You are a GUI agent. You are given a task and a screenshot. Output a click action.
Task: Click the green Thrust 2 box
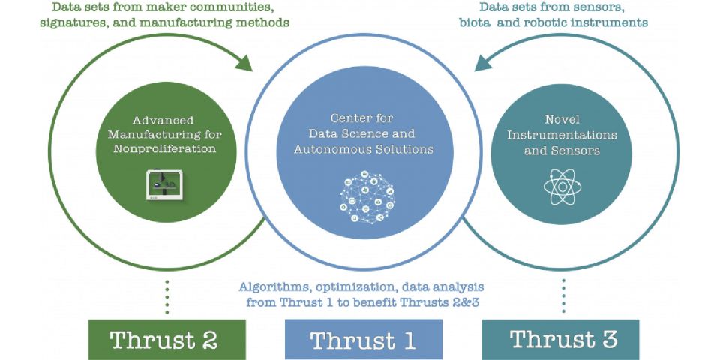pyautogui.click(x=167, y=340)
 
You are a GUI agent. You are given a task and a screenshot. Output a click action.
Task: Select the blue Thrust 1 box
pyautogui.click(x=364, y=340)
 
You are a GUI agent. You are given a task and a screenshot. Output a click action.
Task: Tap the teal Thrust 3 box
pyautogui.click(x=560, y=340)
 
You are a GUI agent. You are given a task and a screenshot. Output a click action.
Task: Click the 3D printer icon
pyautogui.click(x=164, y=184)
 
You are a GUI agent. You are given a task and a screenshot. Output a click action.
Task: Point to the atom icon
pyautogui.click(x=562, y=187)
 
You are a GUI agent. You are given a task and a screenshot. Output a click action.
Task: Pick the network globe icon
pyautogui.click(x=367, y=197)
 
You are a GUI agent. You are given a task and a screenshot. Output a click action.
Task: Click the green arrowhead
pyautogui.click(x=244, y=63)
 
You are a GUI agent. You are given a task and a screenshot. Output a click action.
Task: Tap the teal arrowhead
pyautogui.click(x=483, y=63)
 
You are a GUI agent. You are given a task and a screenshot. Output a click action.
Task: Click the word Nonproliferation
pyautogui.click(x=165, y=148)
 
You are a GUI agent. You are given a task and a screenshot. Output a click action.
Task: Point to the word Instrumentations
pyautogui.click(x=562, y=135)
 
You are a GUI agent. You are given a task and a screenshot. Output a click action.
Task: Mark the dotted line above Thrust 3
pyautogui.click(x=563, y=295)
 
